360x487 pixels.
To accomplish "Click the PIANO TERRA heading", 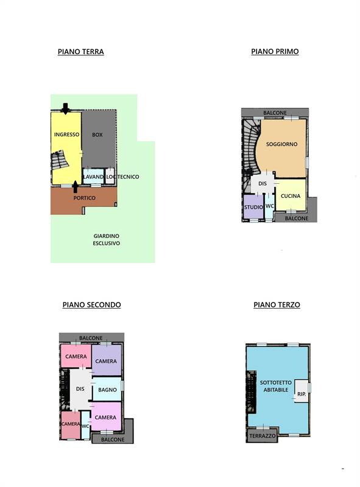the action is (x=81, y=52).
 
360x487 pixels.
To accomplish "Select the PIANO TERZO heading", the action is (x=277, y=305).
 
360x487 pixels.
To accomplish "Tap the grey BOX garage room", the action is (x=99, y=139).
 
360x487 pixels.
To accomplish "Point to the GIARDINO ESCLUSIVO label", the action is (x=107, y=239).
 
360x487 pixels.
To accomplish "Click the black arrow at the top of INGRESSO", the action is (x=65, y=109).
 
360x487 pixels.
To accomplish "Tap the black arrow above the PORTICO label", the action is (x=76, y=187).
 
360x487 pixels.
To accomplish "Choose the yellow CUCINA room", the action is (x=291, y=195).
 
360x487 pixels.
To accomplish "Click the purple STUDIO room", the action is (x=253, y=206).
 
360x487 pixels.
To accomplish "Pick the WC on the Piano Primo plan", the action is (x=269, y=206).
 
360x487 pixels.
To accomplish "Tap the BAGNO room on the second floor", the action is (x=107, y=389).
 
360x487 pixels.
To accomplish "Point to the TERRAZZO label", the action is (x=263, y=436).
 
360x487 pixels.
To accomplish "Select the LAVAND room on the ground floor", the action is (x=93, y=176).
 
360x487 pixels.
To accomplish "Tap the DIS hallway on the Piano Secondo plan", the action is (x=80, y=389).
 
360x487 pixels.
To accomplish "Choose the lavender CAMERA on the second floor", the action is (x=107, y=360).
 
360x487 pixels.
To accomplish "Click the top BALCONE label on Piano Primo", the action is (x=275, y=113).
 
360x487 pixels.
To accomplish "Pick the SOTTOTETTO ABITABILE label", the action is (x=276, y=386).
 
